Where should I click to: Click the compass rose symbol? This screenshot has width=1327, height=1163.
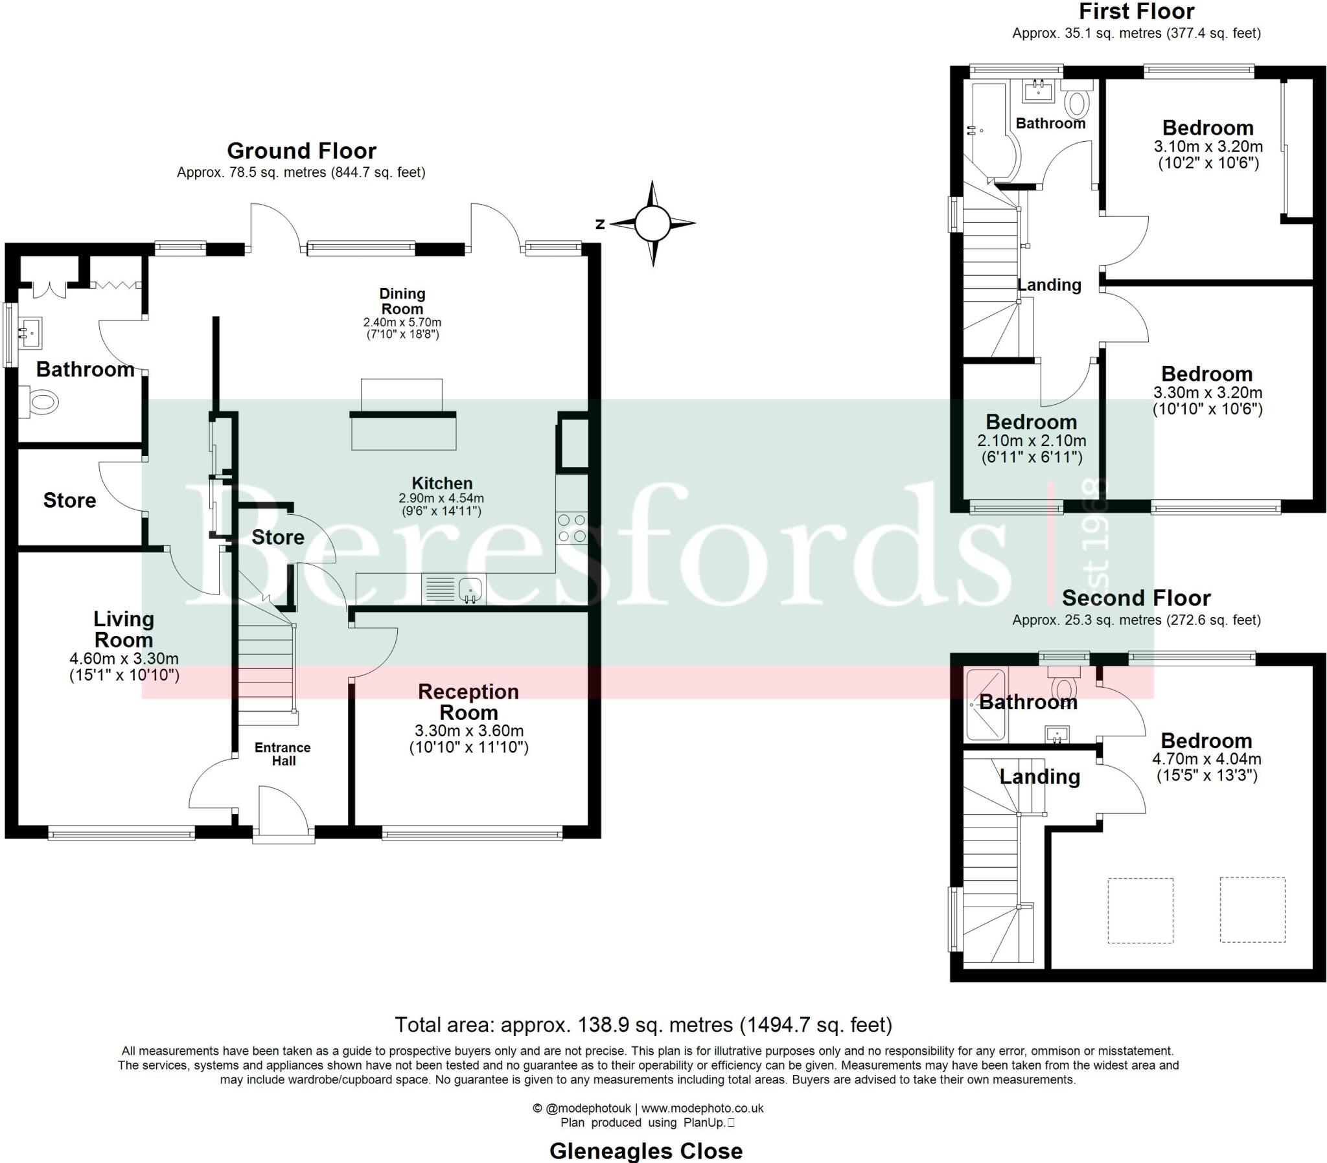click(x=652, y=223)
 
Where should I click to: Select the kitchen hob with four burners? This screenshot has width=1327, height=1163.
click(x=572, y=528)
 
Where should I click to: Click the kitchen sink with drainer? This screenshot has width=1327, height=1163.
click(x=453, y=589)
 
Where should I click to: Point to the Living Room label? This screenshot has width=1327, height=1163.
click(x=124, y=629)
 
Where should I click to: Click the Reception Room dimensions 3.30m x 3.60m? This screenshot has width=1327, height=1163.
click(x=468, y=731)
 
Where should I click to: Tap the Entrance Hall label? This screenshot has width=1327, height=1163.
click(x=283, y=754)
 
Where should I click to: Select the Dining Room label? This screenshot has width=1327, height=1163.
click(x=402, y=301)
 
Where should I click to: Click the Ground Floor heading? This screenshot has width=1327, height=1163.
click(x=301, y=152)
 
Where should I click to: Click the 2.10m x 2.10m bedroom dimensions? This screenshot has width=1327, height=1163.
click(x=1031, y=441)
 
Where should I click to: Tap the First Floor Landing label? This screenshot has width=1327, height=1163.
click(x=1049, y=285)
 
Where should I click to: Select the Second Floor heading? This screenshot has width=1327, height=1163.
click(x=1136, y=598)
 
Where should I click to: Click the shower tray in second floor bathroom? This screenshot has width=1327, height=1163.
click(x=985, y=705)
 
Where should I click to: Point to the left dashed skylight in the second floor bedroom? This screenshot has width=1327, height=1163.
click(x=1140, y=910)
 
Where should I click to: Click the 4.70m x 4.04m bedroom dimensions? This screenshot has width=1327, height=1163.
click(x=1206, y=759)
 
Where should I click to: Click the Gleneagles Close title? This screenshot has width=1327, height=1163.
click(x=645, y=1151)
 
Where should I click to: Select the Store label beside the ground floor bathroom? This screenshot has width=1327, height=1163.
click(x=69, y=501)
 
